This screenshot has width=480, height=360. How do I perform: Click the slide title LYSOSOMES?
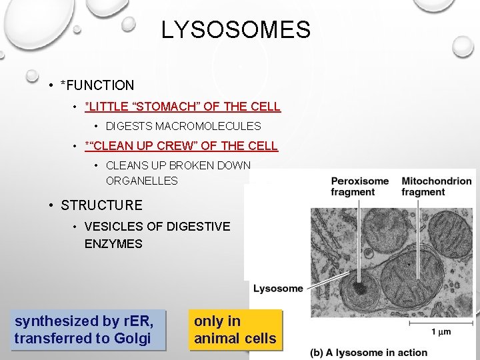tap(235, 30)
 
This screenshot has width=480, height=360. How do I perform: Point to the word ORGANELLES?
tap(141, 181)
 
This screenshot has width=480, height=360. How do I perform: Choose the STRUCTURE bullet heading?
tap(101, 205)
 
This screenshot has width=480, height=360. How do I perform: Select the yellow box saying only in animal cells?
tap(235, 329)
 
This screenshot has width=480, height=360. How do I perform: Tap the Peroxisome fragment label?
tap(359, 187)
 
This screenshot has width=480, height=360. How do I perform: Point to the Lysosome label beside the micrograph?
tap(278, 289)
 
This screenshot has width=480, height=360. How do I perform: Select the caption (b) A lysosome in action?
tap(369, 352)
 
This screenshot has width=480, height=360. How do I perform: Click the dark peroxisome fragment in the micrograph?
tap(361, 288)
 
